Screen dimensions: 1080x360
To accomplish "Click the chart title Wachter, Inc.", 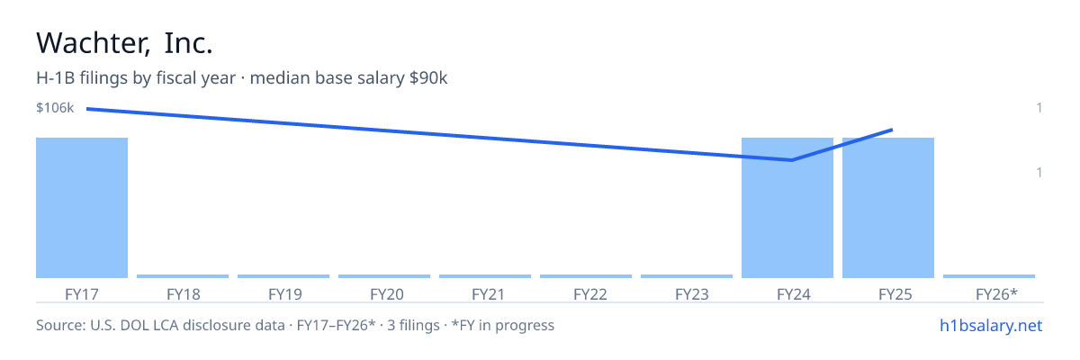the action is click(124, 43).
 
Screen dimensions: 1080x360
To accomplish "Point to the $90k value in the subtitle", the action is click(428, 77).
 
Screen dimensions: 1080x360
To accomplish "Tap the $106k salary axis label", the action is click(55, 107).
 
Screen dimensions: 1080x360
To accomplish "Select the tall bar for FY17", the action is click(82, 208).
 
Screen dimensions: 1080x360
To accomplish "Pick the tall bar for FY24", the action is click(787, 208).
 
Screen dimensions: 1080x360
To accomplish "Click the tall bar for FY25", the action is click(888, 208).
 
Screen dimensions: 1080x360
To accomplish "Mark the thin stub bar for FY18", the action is click(183, 276).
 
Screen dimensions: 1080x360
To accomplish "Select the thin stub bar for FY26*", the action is click(989, 276).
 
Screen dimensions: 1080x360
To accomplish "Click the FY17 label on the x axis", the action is click(82, 294).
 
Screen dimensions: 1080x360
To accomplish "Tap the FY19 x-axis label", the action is click(285, 294).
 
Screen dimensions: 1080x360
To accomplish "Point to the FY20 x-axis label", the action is click(387, 294).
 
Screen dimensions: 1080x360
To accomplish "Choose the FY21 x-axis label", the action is click(488, 294).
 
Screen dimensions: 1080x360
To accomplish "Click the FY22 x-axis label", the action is click(590, 294).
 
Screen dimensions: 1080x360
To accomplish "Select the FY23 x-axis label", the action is click(692, 294).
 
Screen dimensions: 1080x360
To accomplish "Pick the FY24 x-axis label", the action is click(794, 294).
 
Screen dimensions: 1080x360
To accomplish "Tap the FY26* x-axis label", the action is click(996, 294).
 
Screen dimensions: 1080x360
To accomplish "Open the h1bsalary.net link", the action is click(991, 325).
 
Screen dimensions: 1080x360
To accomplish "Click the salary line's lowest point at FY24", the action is click(792, 160).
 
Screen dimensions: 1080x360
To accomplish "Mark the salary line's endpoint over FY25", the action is click(893, 130).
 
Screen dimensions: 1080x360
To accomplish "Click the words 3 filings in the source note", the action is click(413, 325).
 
